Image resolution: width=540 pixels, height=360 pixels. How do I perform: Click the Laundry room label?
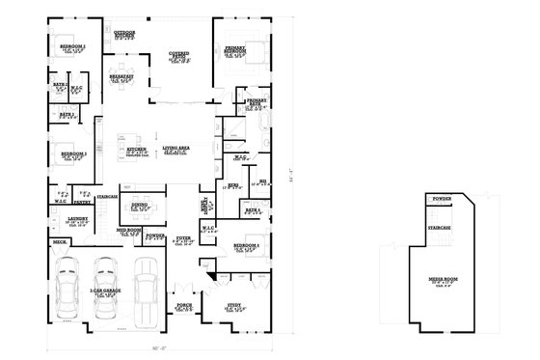[78, 219]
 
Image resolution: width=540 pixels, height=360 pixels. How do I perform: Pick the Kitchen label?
[137, 150]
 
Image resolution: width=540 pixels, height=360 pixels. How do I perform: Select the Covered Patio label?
[178, 55]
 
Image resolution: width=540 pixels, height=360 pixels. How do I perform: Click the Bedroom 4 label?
[246, 247]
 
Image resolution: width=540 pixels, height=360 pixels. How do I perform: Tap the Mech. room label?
[58, 243]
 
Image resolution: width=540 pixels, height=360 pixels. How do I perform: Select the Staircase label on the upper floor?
[440, 228]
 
